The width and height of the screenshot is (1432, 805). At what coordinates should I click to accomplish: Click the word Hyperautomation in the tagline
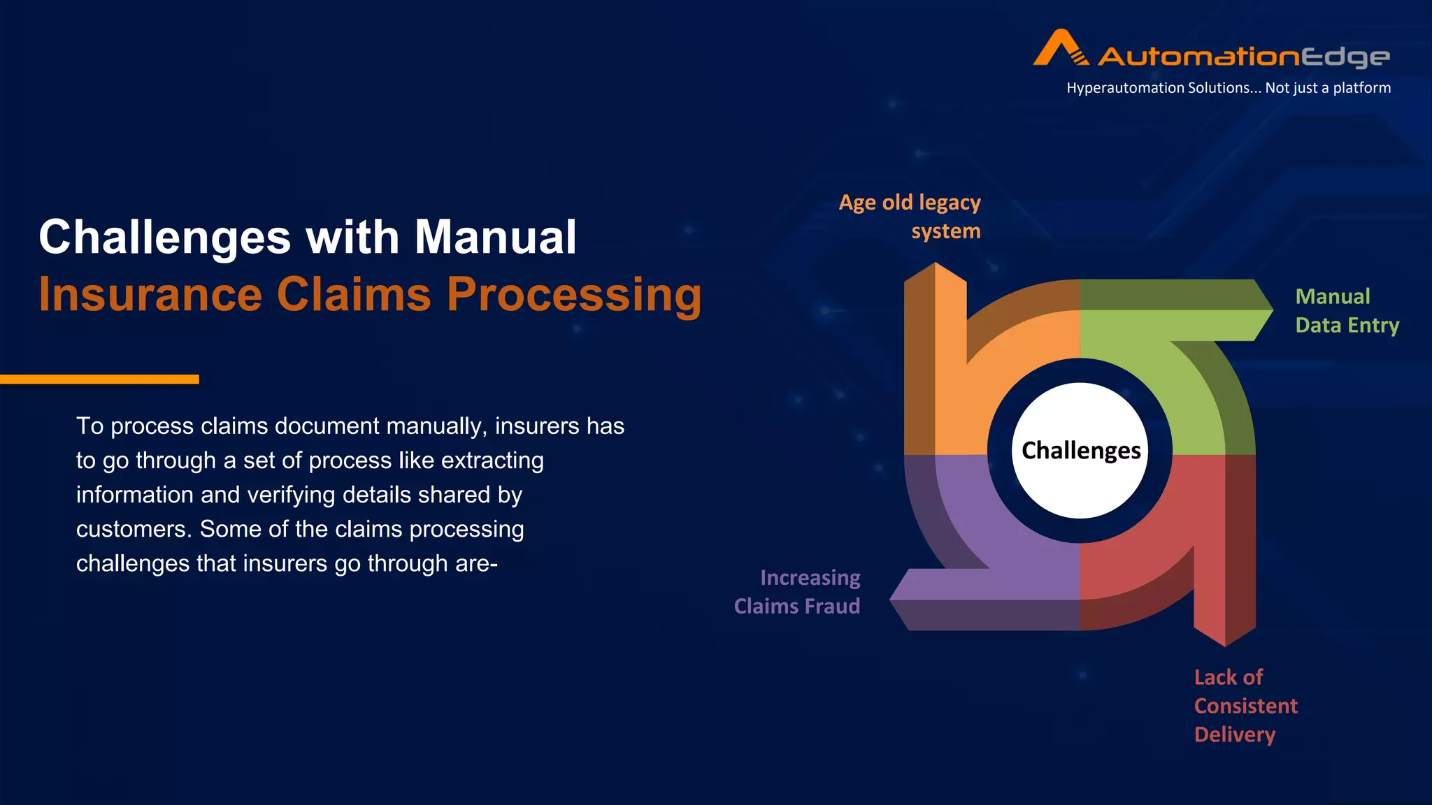[x=1122, y=88]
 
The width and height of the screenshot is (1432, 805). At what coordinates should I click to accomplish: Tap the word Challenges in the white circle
[x=1080, y=451]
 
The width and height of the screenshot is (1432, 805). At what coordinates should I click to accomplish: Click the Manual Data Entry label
[x=1346, y=311]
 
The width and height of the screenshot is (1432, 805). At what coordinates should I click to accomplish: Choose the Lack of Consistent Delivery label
[x=1245, y=706]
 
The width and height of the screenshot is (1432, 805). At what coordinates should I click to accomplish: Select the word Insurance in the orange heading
[x=150, y=294]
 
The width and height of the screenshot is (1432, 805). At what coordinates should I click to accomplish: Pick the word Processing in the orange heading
[x=573, y=294]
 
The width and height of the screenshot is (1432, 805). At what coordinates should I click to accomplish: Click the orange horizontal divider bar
[x=99, y=379]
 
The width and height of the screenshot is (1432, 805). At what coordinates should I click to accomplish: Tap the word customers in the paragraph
[x=131, y=529]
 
